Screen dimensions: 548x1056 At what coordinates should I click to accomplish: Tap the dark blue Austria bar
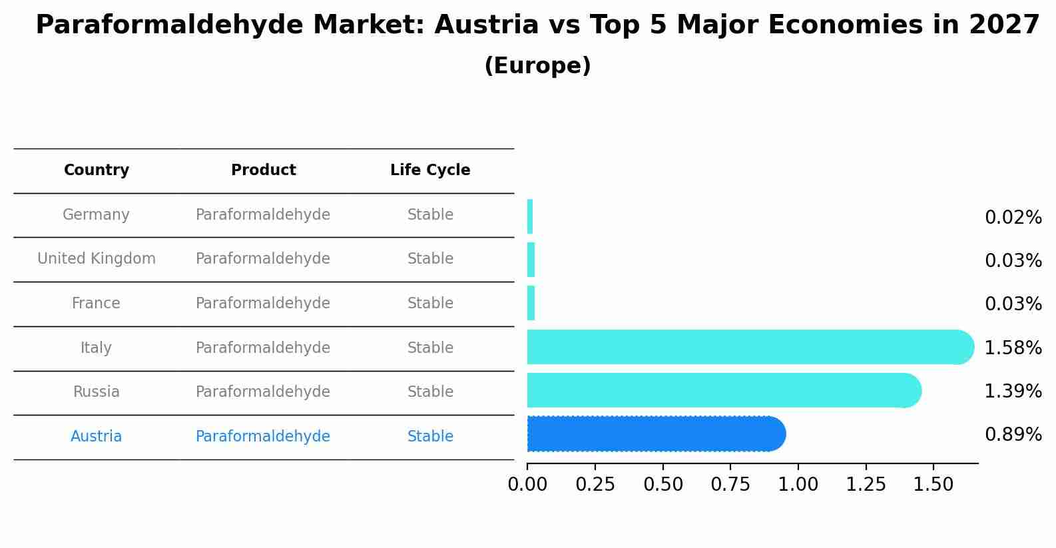[656, 434]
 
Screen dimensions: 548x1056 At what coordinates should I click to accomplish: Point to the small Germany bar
[530, 216]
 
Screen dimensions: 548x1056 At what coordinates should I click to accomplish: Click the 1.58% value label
[1013, 348]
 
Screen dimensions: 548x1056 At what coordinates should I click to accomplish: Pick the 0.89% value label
[1013, 435]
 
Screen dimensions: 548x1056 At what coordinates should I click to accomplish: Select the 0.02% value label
[1013, 218]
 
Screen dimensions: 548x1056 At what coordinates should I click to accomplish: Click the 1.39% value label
[1013, 391]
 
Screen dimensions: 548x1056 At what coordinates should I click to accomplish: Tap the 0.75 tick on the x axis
[730, 485]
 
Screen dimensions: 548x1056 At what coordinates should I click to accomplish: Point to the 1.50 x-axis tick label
[933, 485]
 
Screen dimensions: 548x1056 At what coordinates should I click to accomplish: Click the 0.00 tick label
[527, 485]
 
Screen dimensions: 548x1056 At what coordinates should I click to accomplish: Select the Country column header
[97, 170]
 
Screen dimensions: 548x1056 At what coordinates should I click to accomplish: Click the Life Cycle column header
[430, 170]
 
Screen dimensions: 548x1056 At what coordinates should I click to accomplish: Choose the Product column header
[263, 170]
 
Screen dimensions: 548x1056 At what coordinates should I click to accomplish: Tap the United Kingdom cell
[97, 259]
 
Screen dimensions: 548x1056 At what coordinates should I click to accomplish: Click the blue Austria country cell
[97, 437]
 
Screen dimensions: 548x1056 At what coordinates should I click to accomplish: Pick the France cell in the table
[97, 304]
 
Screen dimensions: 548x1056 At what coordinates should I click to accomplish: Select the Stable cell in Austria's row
[430, 437]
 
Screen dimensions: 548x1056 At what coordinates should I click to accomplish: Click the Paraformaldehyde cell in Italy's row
[263, 348]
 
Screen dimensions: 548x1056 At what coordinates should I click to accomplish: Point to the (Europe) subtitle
[537, 66]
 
